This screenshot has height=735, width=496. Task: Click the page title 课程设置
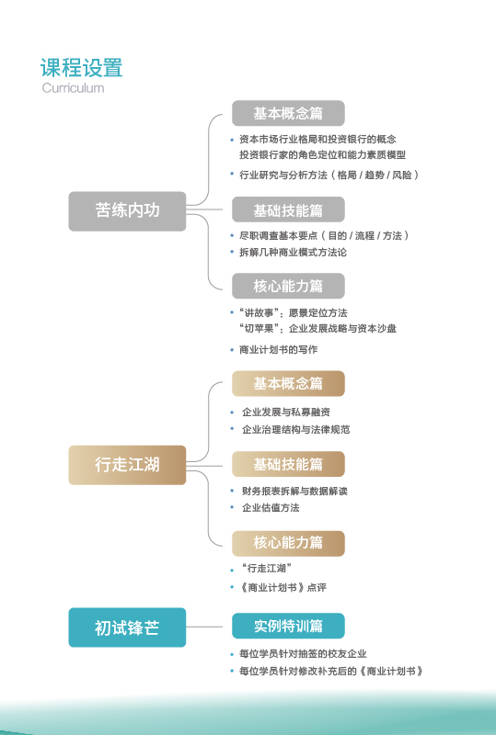pyautogui.click(x=81, y=67)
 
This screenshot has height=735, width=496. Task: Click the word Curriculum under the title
pyautogui.click(x=73, y=87)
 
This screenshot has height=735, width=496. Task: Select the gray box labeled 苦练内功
pyautogui.click(x=127, y=211)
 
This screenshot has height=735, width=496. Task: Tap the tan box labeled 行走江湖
pyautogui.click(x=127, y=465)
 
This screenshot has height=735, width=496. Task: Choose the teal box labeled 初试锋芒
pyautogui.click(x=127, y=628)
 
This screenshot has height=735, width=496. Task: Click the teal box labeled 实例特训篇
pyautogui.click(x=288, y=626)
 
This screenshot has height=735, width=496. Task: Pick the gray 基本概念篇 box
pyautogui.click(x=288, y=113)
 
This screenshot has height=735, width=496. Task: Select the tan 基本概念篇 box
pyautogui.click(x=288, y=383)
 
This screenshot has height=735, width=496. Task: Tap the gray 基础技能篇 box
pyautogui.click(x=288, y=209)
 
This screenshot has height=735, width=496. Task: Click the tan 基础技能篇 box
pyautogui.click(x=288, y=464)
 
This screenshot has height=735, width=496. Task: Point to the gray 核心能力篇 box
pyautogui.click(x=288, y=286)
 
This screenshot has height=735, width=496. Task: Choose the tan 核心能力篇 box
pyautogui.click(x=288, y=543)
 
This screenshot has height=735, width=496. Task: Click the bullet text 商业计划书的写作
pyautogui.click(x=279, y=350)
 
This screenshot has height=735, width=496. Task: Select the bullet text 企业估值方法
pyautogui.click(x=271, y=508)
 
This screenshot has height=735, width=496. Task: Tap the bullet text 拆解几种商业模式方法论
pyautogui.click(x=293, y=252)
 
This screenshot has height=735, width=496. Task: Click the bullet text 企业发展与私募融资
pyautogui.click(x=286, y=412)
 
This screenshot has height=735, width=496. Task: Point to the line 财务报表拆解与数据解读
pyautogui.click(x=295, y=491)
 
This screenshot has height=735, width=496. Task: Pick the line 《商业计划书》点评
pyautogui.click(x=283, y=587)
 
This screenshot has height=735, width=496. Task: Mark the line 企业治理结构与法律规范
pyautogui.click(x=296, y=429)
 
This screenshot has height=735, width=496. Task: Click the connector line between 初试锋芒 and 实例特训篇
pyautogui.click(x=209, y=627)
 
